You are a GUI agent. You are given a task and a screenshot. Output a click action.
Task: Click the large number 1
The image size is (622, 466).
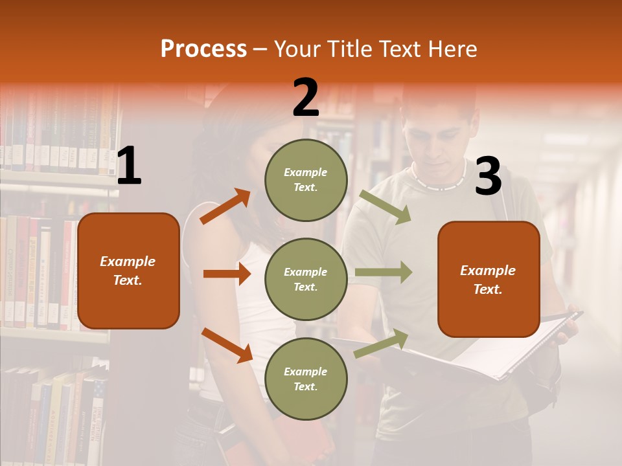coord(129,166)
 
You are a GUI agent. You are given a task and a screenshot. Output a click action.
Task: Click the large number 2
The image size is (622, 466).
coord(305,98)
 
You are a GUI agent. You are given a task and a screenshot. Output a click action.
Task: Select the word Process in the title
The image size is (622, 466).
coord(203,49)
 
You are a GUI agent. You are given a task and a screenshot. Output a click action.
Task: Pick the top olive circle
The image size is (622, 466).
coord(306,180)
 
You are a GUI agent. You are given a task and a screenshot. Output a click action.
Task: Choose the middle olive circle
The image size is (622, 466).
coord(306,280)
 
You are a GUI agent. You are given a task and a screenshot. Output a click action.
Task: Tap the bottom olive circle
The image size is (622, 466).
coord(306,379)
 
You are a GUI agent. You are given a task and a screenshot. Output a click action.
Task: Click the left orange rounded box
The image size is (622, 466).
coord(128,271)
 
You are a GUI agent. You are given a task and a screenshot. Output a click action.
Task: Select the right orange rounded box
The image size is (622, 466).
coord(489,280)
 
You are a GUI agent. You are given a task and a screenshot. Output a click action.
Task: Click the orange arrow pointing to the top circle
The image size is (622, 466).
coord(225,206)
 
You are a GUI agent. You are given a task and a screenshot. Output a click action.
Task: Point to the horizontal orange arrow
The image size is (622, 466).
coord(227,274)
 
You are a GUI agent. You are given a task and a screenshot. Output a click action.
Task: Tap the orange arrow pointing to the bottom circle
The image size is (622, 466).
coord(227,345)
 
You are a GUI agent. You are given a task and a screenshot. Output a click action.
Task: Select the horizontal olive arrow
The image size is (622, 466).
coord(383,272)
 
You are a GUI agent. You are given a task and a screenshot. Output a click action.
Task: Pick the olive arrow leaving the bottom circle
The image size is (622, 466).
coord(382,343)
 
